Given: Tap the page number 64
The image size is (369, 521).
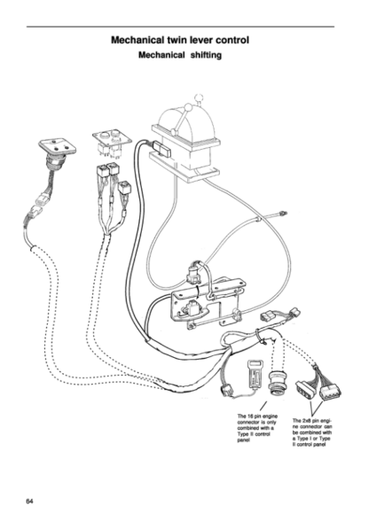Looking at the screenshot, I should pyautogui.click(x=30, y=502).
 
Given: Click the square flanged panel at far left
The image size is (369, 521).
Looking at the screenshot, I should pyautogui.click(x=56, y=150).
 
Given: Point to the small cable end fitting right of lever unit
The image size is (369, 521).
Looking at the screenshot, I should pyautogui.click(x=281, y=212).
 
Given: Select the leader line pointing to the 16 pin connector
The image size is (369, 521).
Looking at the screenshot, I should pyautogui.click(x=260, y=405).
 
